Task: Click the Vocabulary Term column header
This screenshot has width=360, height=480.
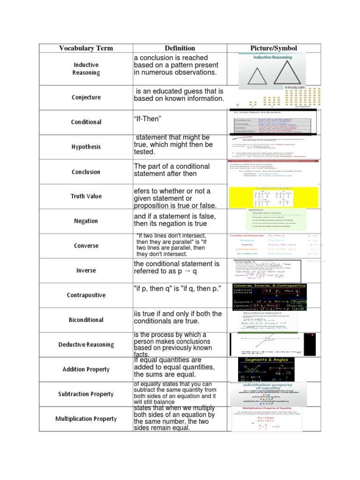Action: [86, 48]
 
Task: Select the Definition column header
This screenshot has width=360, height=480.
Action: [180, 48]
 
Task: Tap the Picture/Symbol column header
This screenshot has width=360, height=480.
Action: [274, 48]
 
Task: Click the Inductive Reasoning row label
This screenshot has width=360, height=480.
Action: [86, 68]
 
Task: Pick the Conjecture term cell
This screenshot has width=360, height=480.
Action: [86, 97]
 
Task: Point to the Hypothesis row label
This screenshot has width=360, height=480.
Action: [86, 147]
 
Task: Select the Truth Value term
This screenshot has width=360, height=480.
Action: [86, 196]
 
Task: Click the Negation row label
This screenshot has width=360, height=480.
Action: [86, 221]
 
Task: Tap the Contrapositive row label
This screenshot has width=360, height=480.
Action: [86, 295]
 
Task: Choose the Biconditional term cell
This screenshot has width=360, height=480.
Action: [86, 320]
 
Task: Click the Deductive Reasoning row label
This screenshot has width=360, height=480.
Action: [86, 345]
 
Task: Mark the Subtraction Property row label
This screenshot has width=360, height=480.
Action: [86, 394]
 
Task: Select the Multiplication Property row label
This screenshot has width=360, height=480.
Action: [86, 419]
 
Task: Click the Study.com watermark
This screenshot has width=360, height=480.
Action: [294, 87]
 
